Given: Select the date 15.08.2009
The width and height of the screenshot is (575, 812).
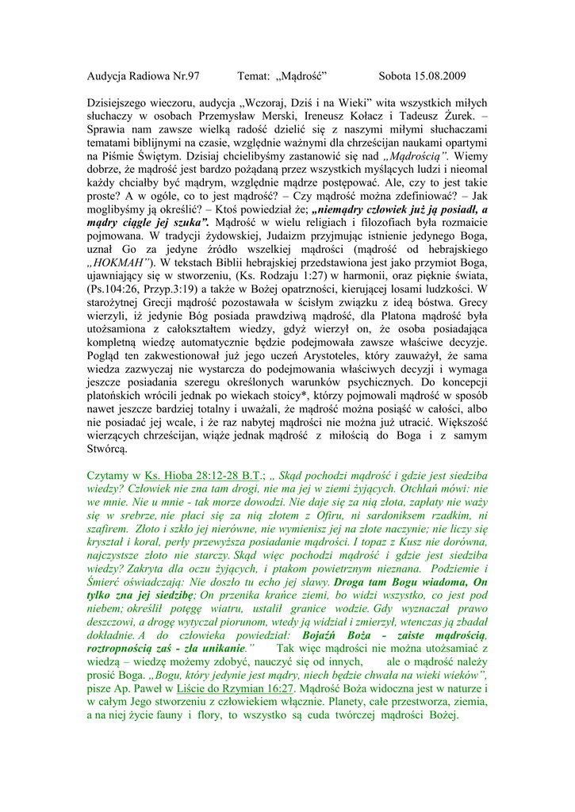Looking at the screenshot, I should [439, 76].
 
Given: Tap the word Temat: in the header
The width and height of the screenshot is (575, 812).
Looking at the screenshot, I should [254, 76].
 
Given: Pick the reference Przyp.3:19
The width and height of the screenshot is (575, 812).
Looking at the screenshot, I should [167, 290].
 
